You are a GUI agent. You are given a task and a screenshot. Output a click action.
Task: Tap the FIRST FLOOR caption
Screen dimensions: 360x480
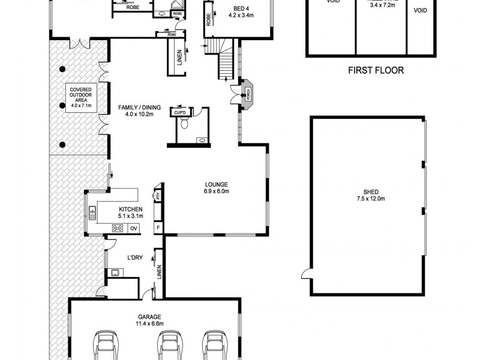point(376,70)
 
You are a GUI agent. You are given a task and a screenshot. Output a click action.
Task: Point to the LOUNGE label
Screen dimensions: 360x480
point(215,184)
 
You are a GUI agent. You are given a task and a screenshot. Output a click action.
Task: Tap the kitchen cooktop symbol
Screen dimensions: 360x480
point(118,227)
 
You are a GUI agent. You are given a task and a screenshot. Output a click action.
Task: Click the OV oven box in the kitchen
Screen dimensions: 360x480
point(134,228)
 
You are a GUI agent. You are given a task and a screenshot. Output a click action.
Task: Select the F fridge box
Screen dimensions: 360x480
point(158,228)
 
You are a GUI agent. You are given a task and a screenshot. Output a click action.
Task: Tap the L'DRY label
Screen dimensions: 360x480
point(134,258)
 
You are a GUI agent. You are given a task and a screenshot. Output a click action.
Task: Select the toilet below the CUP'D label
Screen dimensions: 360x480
point(185,124)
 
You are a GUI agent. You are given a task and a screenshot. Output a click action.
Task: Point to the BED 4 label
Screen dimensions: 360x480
point(235,9)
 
